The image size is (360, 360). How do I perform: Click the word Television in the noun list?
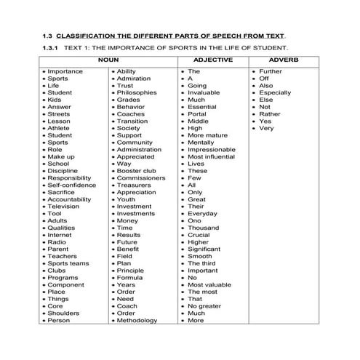tap(64, 206)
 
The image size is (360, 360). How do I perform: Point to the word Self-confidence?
tap(71, 185)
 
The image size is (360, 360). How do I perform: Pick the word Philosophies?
tap(136, 92)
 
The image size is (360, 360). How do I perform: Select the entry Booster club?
tap(136, 170)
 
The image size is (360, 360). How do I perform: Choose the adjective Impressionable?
tap(212, 149)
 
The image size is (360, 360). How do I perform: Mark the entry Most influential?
tap(212, 156)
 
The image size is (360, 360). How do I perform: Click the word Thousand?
tap(203, 228)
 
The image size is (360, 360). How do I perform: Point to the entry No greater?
tap(204, 305)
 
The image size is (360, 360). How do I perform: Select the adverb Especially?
tap(275, 92)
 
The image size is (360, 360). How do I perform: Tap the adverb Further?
tap(271, 71)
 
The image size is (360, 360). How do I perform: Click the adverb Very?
tap(266, 128)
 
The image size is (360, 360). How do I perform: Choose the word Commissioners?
tap(141, 177)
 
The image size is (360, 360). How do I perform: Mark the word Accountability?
tap(69, 199)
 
